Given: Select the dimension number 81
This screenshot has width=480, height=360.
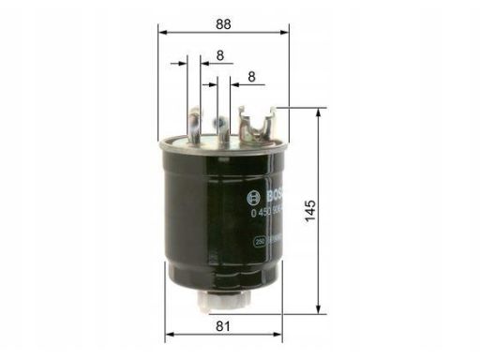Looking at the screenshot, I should coord(223,325).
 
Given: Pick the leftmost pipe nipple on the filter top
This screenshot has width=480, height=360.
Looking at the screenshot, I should coord(193,123).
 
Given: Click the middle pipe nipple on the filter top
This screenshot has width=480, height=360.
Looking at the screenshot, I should coord(217,123).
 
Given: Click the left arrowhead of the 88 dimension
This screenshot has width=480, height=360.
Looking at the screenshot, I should coord(161,30).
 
